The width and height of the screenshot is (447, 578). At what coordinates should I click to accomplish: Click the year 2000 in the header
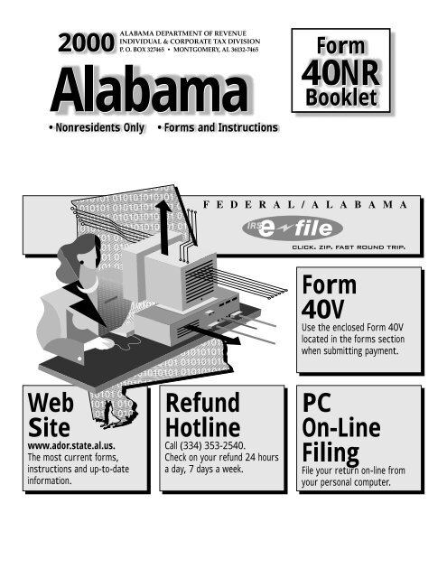(86, 42)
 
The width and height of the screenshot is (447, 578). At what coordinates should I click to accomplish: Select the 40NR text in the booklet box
(340, 72)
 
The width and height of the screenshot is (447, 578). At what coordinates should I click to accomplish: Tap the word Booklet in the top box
(341, 98)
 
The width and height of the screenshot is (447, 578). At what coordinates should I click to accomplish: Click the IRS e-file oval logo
(293, 228)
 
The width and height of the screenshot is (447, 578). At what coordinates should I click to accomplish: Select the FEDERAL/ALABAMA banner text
(305, 205)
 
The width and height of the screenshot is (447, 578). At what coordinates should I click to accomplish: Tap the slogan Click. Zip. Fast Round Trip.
(349, 247)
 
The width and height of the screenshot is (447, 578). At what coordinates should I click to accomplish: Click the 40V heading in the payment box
(322, 309)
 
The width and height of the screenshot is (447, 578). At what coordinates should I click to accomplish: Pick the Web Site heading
(51, 415)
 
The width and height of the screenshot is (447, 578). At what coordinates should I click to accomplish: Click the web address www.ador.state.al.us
(71, 445)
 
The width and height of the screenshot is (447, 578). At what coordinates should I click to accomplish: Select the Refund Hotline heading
(202, 415)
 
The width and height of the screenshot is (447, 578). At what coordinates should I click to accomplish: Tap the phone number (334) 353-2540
(212, 445)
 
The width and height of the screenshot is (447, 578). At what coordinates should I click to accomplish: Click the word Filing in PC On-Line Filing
(331, 453)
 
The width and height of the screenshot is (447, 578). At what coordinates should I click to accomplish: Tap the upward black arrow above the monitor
(164, 228)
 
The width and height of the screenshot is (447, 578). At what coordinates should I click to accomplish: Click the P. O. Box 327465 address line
(142, 50)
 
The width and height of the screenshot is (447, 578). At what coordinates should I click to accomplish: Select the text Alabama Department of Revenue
(183, 33)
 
